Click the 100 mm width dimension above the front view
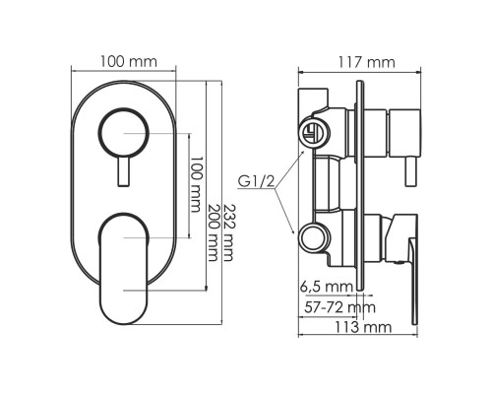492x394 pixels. pyautogui.click(x=129, y=61)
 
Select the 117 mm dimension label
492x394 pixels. pyautogui.click(x=366, y=62)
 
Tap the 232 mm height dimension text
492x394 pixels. pyautogui.click(x=228, y=232)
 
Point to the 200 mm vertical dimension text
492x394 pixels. pyautogui.click(x=213, y=232)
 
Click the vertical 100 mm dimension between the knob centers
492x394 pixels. pyautogui.click(x=195, y=184)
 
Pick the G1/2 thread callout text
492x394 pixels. pyautogui.click(x=256, y=181)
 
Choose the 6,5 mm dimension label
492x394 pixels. pyautogui.click(x=327, y=287)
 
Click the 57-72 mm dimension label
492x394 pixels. pyautogui.click(x=339, y=307)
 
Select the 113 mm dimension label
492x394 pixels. pyautogui.click(x=363, y=327)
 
